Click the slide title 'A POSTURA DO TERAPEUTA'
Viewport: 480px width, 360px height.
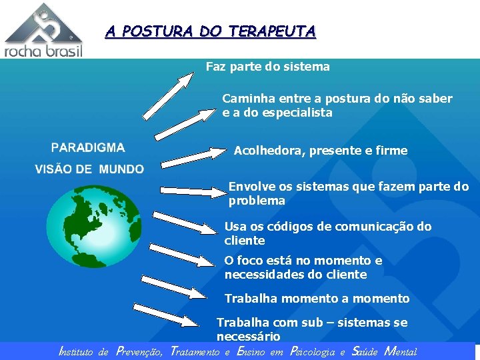(x=210, y=31)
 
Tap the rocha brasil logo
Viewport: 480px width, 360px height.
(x=43, y=30)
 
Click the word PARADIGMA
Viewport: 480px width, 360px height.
(x=88, y=147)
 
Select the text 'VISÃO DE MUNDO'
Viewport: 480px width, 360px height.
(x=89, y=169)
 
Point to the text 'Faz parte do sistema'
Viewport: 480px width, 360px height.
(x=267, y=67)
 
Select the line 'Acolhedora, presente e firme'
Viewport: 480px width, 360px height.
(x=320, y=151)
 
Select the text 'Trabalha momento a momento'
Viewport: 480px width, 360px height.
(x=317, y=299)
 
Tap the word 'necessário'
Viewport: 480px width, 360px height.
(x=248, y=337)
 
